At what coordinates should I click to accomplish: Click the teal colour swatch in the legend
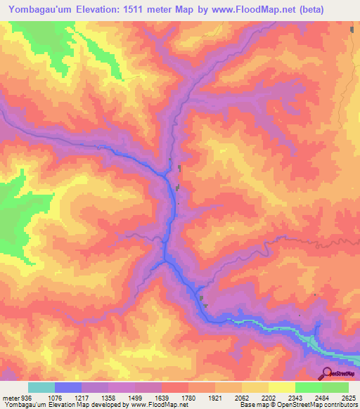coord(41,387)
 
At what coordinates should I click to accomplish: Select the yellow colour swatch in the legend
coord(282,387)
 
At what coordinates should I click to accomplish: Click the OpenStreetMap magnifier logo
coord(328,372)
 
